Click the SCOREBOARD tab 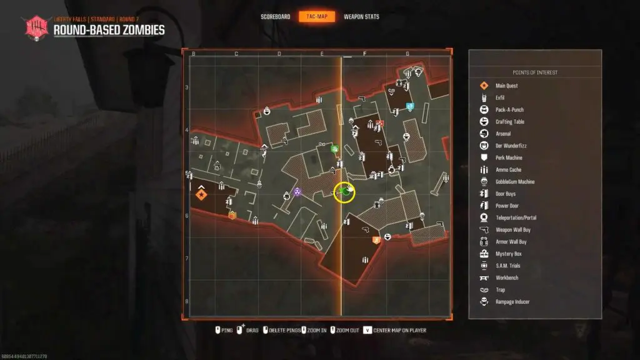276,17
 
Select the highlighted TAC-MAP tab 317,17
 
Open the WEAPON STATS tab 361,17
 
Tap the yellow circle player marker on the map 344,192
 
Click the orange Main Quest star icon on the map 201,195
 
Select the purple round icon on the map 297,192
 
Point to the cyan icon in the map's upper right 409,106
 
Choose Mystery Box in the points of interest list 507,254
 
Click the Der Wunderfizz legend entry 509,146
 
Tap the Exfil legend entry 499,98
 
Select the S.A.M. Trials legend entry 507,266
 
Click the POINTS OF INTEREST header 535,72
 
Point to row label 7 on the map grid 187,258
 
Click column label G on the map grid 407,54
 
